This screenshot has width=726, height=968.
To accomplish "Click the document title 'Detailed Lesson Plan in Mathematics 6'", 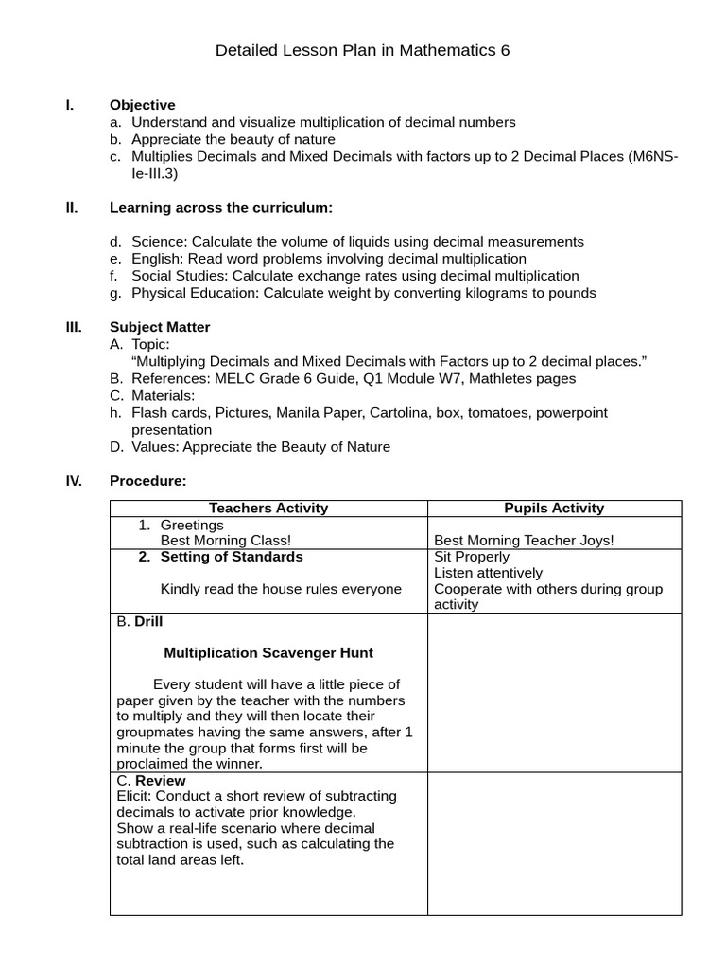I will click(362, 51).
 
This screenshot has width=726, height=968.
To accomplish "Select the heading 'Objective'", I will click(142, 105).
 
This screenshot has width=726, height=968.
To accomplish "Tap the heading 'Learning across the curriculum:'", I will click(221, 207).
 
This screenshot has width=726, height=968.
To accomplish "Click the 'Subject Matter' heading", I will click(160, 327).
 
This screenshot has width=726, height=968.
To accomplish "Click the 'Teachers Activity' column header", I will click(268, 509).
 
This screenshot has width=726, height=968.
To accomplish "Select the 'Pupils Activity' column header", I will click(554, 509).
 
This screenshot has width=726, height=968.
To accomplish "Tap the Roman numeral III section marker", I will click(74, 327).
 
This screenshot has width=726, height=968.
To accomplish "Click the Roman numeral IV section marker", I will click(74, 481).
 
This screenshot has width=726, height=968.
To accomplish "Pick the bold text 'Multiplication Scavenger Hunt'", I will click(268, 653).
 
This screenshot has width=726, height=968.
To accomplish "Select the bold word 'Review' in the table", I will click(161, 781).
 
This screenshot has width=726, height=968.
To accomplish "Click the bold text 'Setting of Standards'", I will click(232, 557).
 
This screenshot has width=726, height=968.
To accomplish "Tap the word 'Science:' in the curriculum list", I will click(160, 242).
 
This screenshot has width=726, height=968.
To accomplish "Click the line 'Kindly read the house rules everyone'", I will click(281, 589).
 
